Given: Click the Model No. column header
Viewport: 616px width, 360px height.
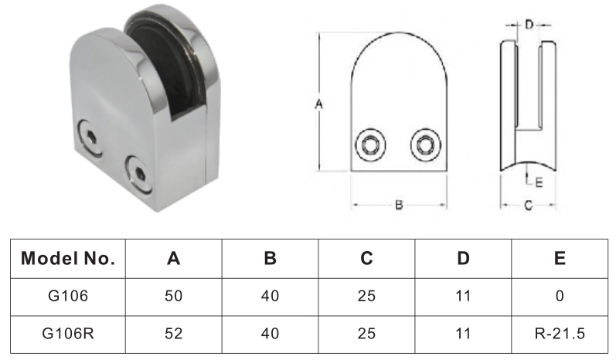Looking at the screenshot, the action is pos(68,258).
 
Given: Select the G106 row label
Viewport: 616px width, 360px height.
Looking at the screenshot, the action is pos(68,296).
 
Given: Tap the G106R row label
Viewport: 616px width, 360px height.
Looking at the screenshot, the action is pos(68,333).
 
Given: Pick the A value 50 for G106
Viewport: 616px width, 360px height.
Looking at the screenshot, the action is pos(174,296).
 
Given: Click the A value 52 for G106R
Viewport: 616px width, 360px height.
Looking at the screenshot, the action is pos(174,333).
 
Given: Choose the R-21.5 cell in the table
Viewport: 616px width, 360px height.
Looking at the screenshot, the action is pos(560,333).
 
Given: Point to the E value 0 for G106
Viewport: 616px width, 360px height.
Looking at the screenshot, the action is pos(560,296).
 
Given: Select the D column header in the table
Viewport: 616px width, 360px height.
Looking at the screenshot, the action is pos(463,258).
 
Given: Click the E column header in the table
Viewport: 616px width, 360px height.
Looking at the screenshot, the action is pos(560,258).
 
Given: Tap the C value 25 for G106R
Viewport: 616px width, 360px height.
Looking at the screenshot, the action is pos(366,333).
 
